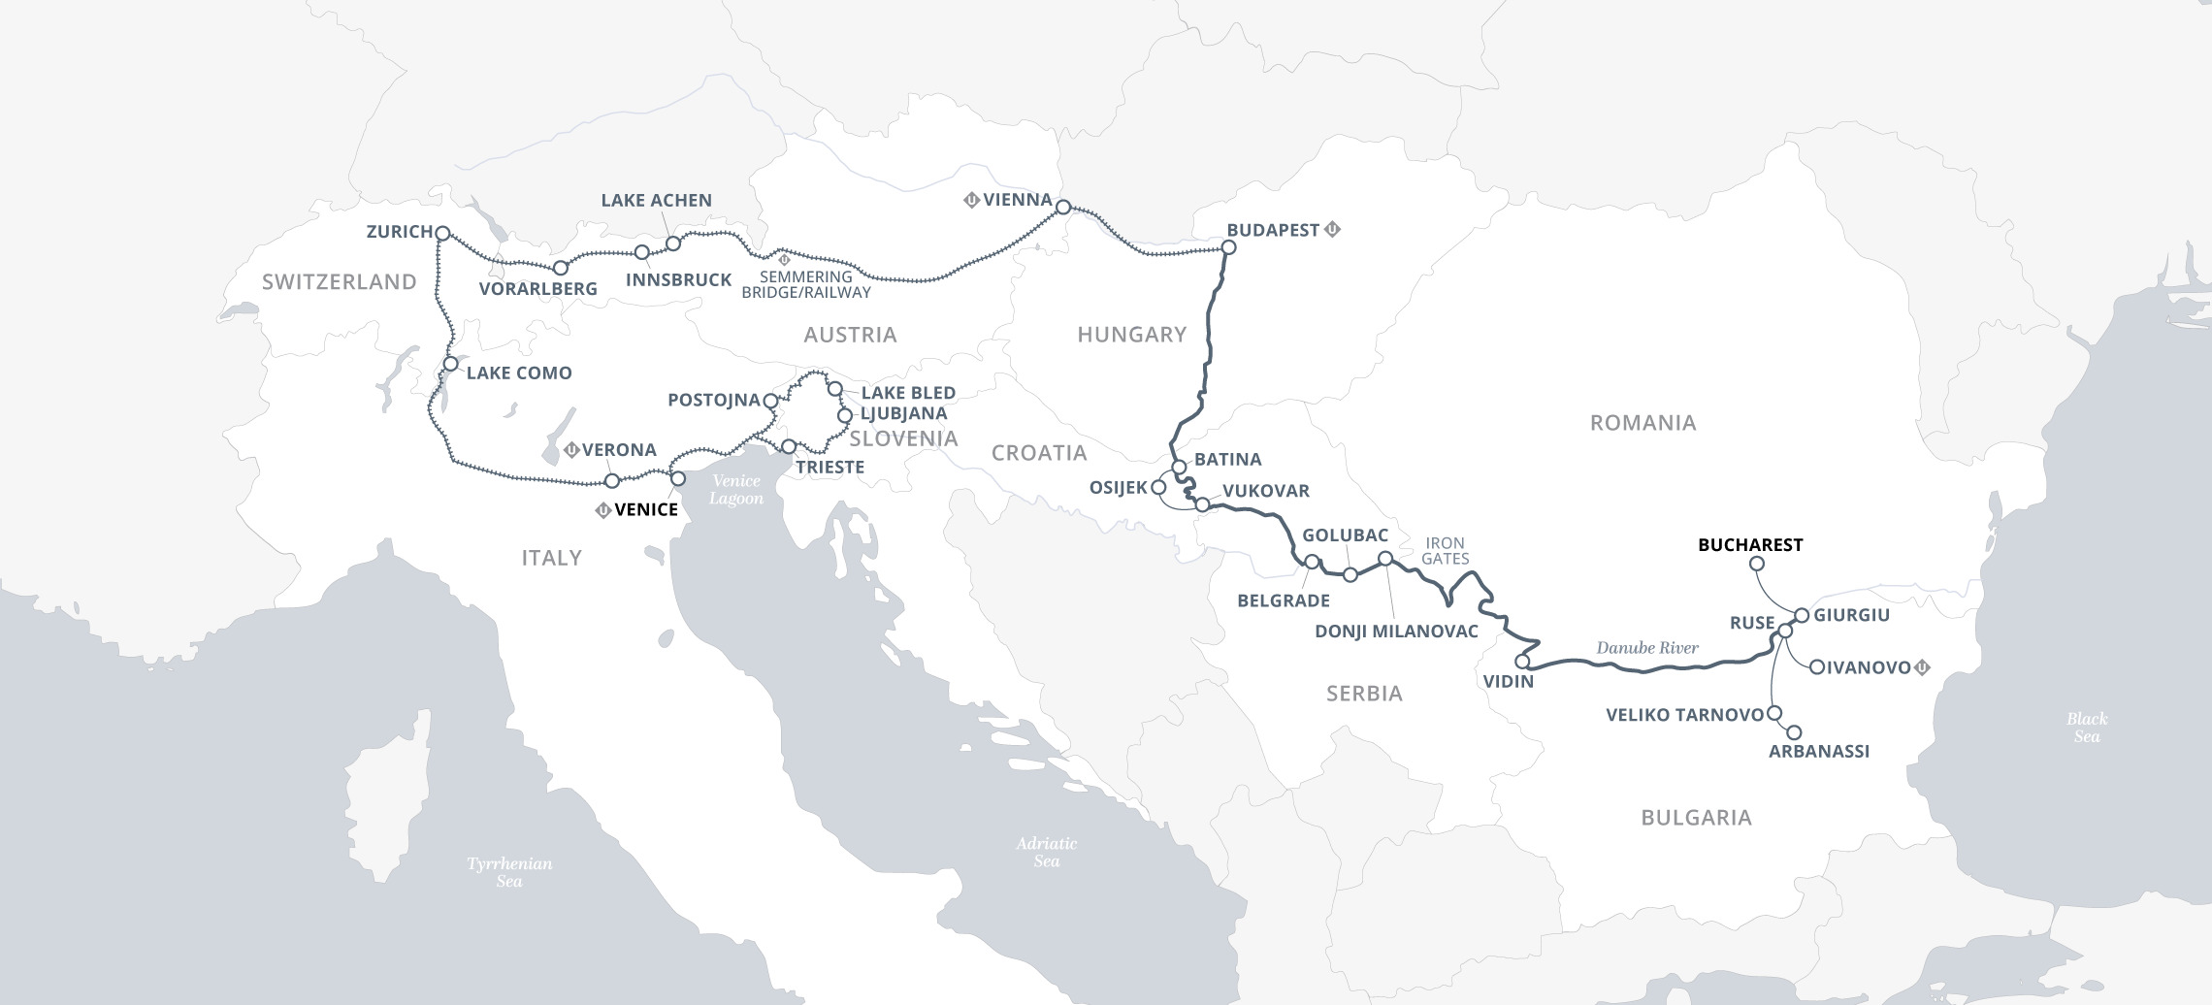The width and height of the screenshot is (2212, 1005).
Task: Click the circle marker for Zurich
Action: coord(442,234)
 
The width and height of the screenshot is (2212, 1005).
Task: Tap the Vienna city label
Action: coord(1017,200)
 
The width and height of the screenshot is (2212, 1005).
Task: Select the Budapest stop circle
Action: coord(1228,247)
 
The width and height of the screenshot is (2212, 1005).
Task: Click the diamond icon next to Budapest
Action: coord(1333,230)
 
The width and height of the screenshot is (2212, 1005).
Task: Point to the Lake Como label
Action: coord(519,373)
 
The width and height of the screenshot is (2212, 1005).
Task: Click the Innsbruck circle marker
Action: coord(641,252)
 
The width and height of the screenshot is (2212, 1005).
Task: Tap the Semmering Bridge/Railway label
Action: coord(806,284)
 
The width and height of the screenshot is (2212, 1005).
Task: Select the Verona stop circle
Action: coord(612,481)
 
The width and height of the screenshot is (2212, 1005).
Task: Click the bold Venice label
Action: coord(646,510)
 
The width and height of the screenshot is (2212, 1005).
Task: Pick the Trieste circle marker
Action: coord(789,446)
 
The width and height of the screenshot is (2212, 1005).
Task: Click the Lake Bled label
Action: coord(908,393)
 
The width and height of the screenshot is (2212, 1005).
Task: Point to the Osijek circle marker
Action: coord(1157,488)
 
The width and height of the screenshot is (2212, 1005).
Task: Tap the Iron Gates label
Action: coord(1446,550)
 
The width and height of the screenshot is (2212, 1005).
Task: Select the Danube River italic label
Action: coord(1647,647)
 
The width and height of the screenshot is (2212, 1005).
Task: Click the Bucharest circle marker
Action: coord(1756,564)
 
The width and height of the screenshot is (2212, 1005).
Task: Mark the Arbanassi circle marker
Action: coord(1794,733)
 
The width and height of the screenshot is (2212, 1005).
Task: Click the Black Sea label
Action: coord(2086,727)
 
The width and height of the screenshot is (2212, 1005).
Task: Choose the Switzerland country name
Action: coord(339,282)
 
